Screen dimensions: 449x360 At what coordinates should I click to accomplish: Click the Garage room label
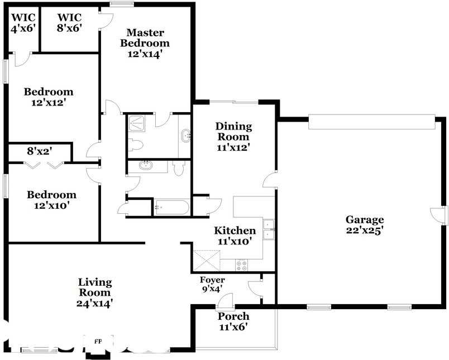tap(365, 219)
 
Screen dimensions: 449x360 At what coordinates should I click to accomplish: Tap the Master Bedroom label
tap(145, 38)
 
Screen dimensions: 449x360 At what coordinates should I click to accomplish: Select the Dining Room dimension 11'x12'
tap(233, 148)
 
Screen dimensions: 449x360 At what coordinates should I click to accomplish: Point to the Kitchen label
tap(235, 231)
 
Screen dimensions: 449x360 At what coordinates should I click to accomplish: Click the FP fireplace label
tap(98, 342)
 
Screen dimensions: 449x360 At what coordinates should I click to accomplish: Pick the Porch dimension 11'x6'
tap(233, 327)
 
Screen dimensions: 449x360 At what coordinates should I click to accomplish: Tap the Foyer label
tap(212, 280)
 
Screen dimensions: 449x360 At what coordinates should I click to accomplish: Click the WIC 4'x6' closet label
tap(23, 23)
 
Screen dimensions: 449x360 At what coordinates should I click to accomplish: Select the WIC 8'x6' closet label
tap(70, 22)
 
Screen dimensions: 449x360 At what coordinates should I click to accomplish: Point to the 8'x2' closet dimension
tap(40, 151)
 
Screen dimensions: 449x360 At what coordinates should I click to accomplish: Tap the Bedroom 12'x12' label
tap(49, 97)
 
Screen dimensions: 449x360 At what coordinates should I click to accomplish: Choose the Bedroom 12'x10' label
tap(51, 200)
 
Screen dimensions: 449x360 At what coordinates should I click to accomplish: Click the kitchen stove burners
tap(241, 265)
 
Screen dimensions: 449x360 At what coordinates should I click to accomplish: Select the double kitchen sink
tap(269, 229)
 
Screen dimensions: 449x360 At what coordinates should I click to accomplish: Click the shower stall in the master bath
tap(137, 123)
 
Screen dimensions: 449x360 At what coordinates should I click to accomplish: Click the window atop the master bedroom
tap(122, 4)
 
